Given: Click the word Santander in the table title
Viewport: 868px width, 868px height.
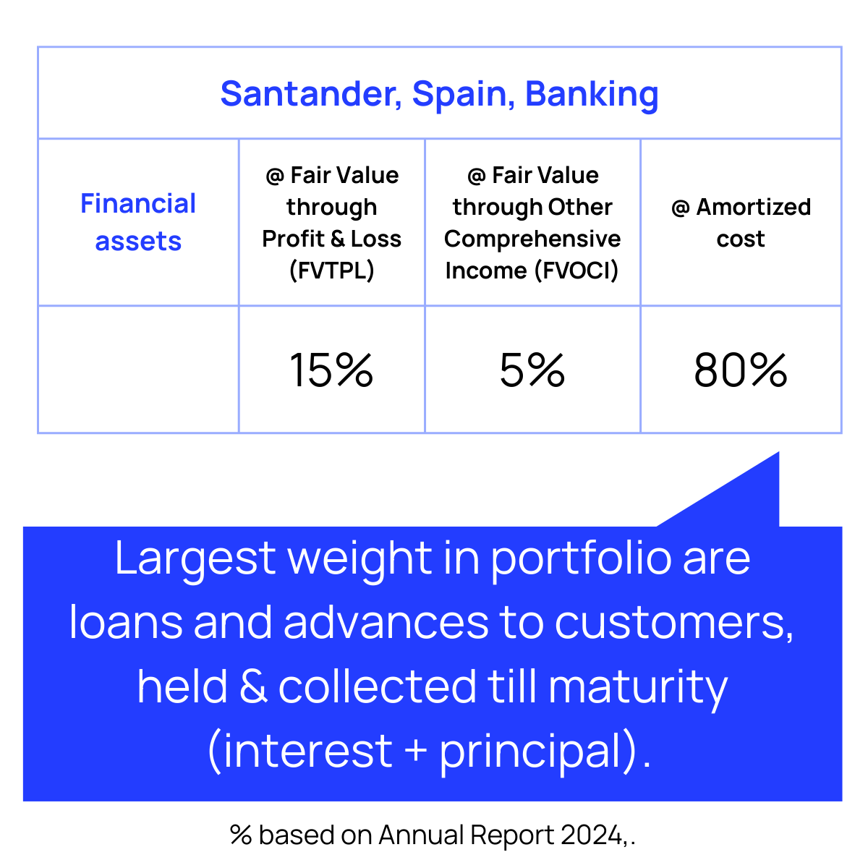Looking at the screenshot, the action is (311, 94).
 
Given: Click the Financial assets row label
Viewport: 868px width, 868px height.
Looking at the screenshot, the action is (138, 222).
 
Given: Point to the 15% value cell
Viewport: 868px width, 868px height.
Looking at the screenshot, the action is (331, 370).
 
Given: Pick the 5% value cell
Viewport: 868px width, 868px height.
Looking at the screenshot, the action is (532, 370).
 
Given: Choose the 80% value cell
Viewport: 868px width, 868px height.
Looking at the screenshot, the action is (741, 370).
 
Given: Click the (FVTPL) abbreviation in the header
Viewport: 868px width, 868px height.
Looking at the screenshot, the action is (331, 271).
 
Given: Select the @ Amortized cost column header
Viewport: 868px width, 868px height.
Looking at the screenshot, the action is (741, 223).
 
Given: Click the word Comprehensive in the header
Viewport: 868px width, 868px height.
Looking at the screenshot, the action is (532, 238).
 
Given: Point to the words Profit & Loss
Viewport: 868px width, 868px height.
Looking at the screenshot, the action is (331, 238).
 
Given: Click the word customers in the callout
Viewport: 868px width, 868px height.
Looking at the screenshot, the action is (673, 623).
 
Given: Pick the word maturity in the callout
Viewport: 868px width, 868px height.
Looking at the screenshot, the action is (638, 688).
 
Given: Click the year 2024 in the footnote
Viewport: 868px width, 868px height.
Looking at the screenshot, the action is (592, 835).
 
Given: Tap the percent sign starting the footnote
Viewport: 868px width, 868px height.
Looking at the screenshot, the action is (241, 835).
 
